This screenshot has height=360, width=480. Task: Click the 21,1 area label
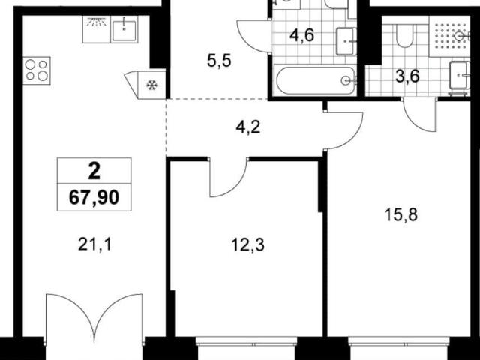tap(94, 244)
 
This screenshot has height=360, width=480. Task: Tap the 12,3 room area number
tap(247, 245)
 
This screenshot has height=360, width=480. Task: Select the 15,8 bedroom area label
tap(400, 215)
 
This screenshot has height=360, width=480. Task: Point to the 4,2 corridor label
tap(248, 127)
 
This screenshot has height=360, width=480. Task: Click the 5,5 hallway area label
tap(219, 61)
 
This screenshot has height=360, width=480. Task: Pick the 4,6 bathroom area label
tap(301, 35)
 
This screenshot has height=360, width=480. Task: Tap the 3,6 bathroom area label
tap(407, 76)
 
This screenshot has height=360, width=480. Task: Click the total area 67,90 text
tap(94, 197)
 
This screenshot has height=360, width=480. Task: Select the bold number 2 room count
tap(94, 172)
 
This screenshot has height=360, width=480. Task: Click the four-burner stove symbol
tap(37, 70)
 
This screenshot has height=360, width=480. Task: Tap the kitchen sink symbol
tap(124, 29)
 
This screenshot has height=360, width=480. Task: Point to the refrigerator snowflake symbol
tap(151, 85)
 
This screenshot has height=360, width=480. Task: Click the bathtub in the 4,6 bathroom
tap(316, 80)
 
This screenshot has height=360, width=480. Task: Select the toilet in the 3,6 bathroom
tap(405, 36)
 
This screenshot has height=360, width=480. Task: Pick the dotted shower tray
tap(449, 36)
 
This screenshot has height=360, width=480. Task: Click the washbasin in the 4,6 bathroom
tap(346, 41)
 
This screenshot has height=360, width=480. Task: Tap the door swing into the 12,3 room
tap(228, 177)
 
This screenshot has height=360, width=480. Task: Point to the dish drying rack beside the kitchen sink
tap(97, 29)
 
